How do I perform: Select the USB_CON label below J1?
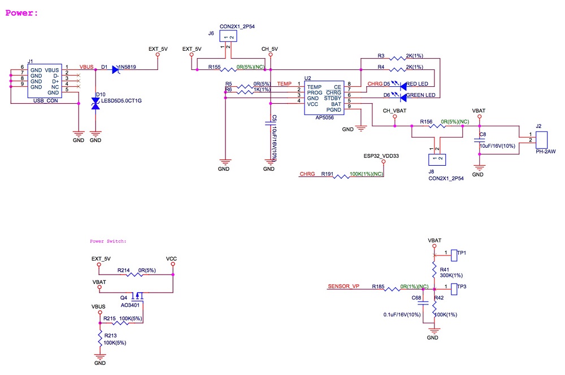click(46, 101)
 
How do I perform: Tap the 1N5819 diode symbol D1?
click(115, 69)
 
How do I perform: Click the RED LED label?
click(418, 84)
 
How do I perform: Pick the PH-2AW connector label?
click(545, 151)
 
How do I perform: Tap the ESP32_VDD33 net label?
click(381, 155)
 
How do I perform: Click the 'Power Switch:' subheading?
click(108, 241)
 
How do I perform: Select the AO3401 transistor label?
click(130, 305)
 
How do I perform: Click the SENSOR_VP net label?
click(344, 286)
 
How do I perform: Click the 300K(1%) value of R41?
click(451, 275)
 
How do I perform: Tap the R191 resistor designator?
click(328, 174)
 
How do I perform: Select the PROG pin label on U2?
click(315, 92)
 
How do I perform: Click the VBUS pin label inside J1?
click(52, 69)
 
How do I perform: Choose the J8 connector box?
click(438, 160)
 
